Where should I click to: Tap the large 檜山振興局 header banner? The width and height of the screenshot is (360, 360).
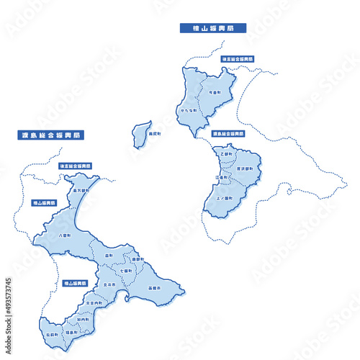click(212, 29)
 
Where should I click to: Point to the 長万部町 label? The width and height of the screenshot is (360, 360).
click(81, 192)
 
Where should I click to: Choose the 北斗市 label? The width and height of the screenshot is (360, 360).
click(109, 285)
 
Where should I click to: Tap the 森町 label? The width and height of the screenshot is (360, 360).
click(109, 255)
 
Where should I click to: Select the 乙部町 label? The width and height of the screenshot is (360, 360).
click(228, 153)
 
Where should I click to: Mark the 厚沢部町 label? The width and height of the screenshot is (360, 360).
click(245, 168)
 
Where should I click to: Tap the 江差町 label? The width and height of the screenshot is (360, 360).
click(222, 177)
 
